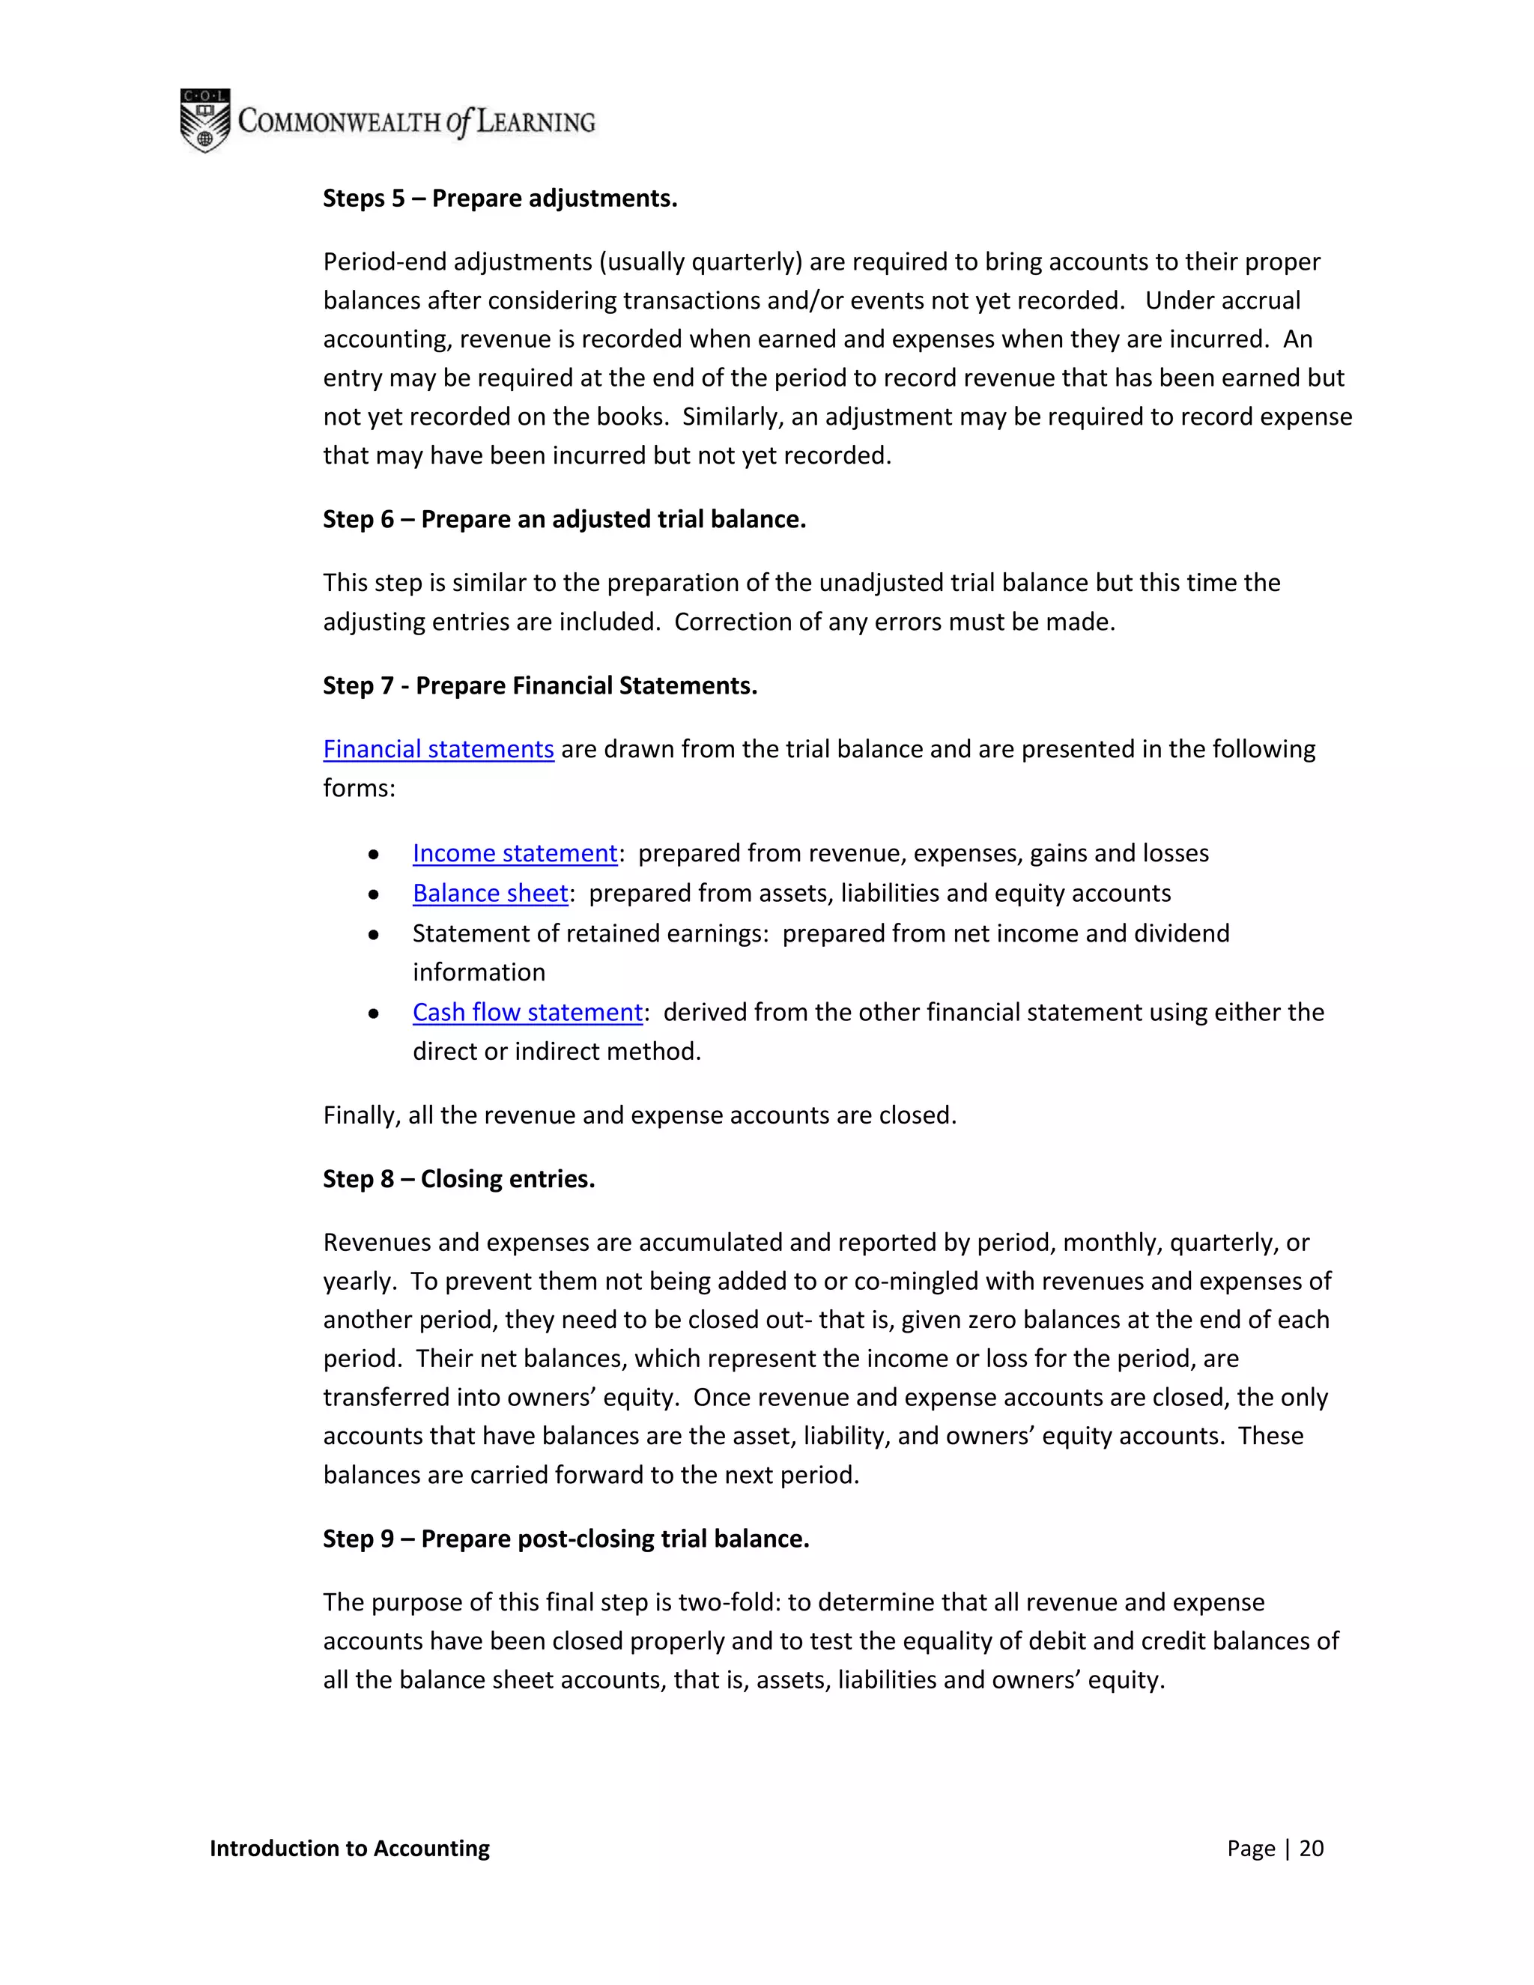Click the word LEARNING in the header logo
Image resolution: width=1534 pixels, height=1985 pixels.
coord(536,122)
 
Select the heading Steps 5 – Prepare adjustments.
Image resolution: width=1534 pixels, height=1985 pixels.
coord(500,198)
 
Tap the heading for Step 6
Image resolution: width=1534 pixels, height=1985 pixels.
coord(564,519)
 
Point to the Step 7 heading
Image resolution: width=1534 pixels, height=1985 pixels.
coord(540,685)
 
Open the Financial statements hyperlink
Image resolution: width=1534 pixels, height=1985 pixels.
coord(438,749)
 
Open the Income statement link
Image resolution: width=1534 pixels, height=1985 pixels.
coord(515,852)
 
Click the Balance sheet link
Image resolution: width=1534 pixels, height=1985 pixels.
coord(490,893)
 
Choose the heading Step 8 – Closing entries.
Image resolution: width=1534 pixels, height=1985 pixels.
coord(459,1179)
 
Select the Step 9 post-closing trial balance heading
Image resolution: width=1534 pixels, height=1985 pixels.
coord(566,1539)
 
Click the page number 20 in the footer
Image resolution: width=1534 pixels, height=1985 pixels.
coord(1311,1849)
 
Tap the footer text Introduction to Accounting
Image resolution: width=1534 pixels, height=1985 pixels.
coord(349,1849)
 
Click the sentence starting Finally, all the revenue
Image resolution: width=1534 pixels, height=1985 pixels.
coord(640,1115)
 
